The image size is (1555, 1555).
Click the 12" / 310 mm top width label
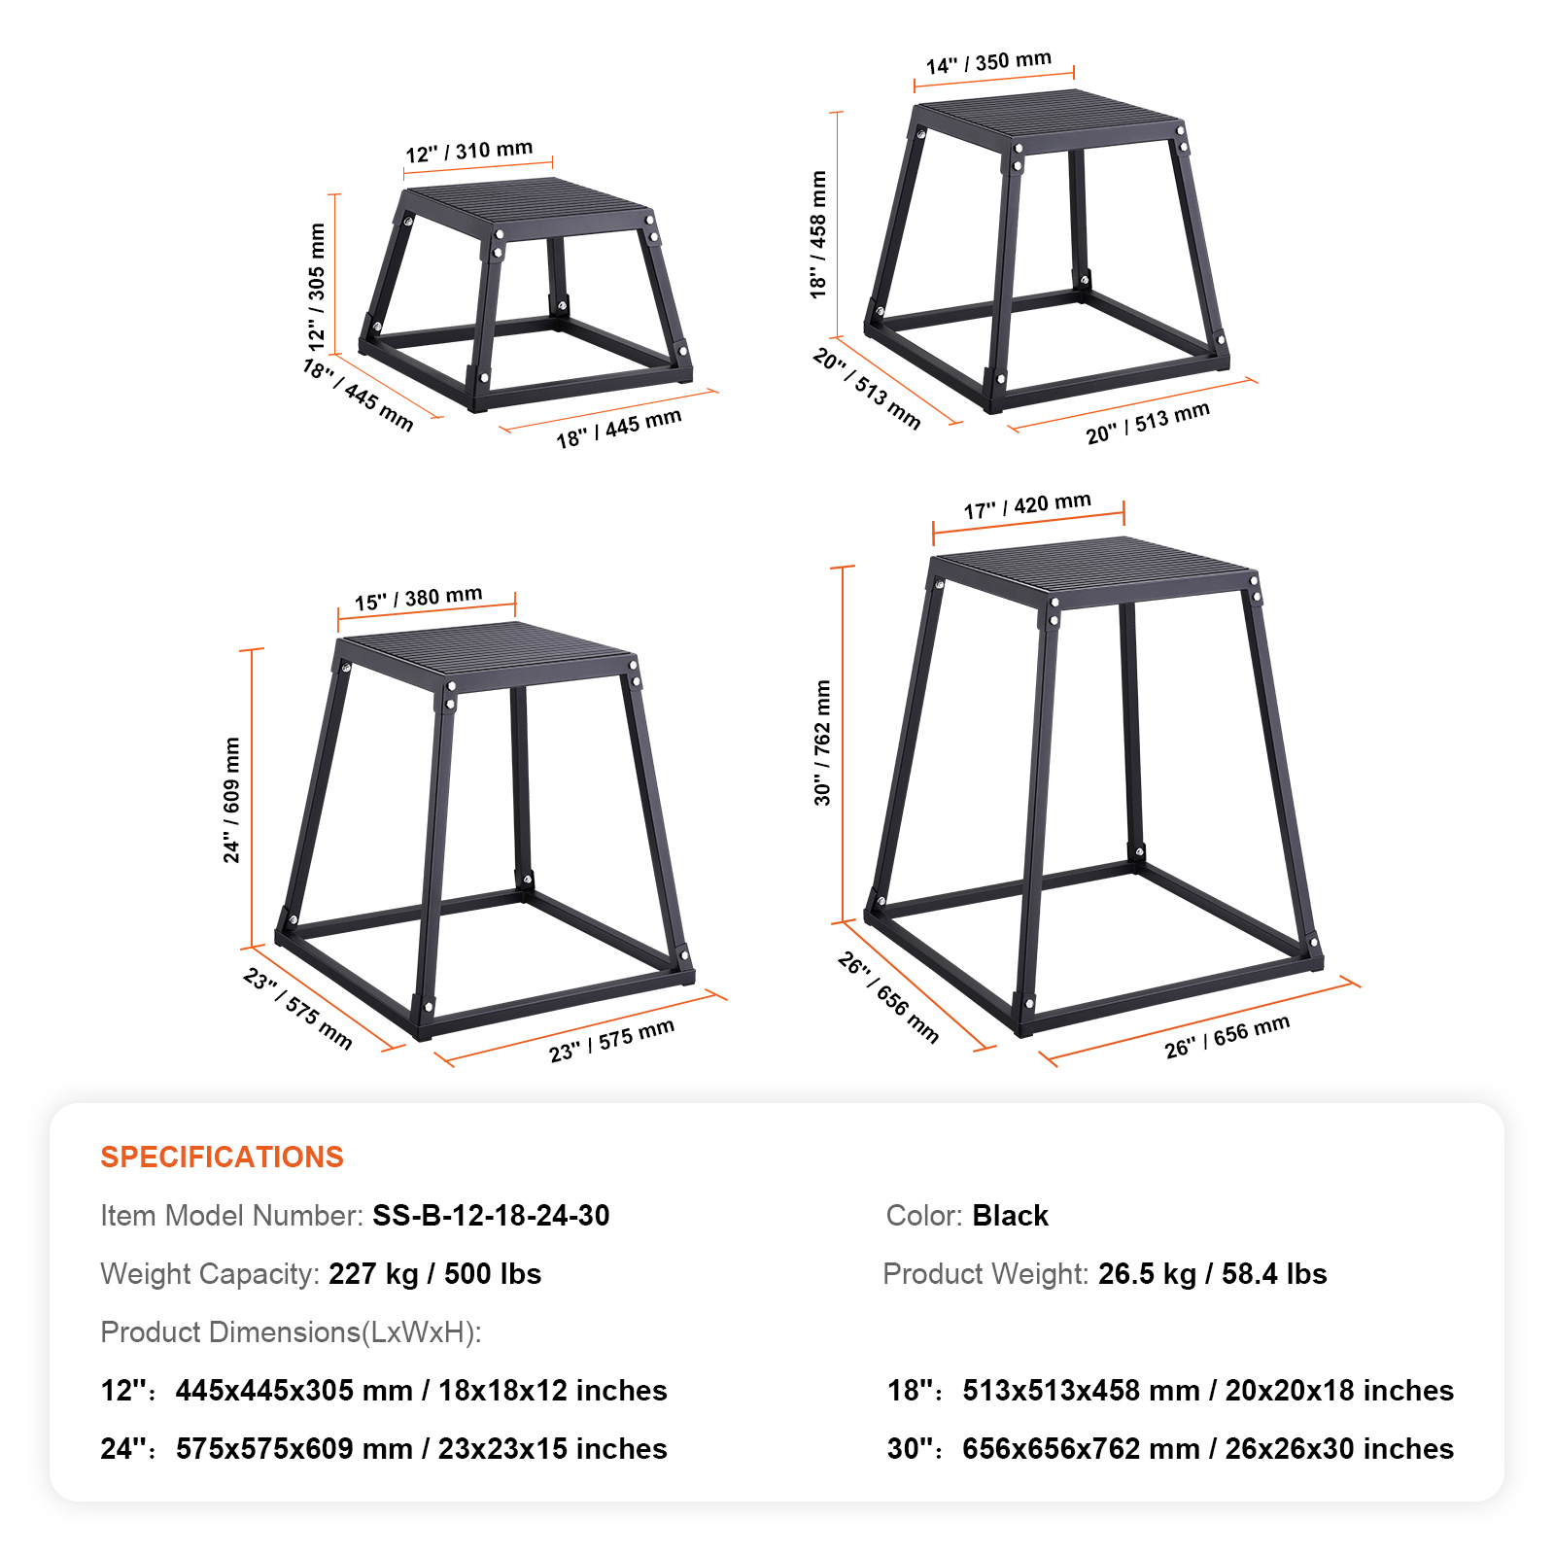point(469,152)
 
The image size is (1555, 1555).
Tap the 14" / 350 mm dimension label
point(988,62)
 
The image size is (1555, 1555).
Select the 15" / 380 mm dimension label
point(419,598)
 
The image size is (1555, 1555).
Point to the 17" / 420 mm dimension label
point(1027,505)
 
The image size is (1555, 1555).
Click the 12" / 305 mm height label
point(317,287)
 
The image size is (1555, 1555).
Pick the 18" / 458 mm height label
point(818,234)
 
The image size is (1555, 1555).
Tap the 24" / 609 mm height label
point(231,800)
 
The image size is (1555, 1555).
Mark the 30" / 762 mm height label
point(822,743)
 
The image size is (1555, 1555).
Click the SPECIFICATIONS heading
point(222,1157)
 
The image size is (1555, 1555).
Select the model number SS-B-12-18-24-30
point(491,1215)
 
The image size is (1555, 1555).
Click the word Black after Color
point(1011,1215)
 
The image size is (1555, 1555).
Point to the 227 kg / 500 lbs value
point(434,1273)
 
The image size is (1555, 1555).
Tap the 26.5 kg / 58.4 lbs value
point(1212,1273)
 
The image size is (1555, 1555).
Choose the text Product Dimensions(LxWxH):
point(291,1331)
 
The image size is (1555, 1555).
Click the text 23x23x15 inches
point(552,1448)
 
